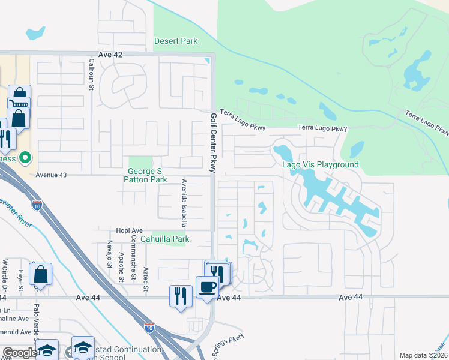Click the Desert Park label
176,41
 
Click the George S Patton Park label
146,175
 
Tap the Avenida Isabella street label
185,202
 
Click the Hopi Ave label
130,230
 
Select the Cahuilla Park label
164,239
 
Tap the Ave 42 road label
110,55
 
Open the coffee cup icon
208,286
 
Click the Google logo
20,353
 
